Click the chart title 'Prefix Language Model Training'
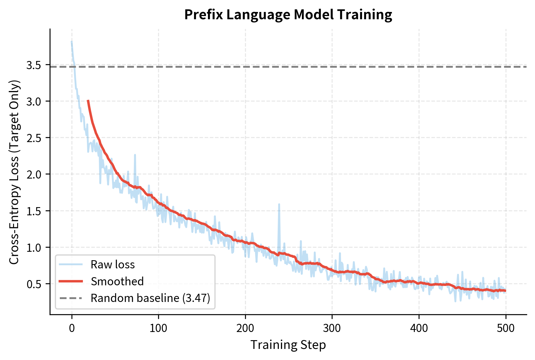pos(288,15)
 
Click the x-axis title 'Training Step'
pos(288,345)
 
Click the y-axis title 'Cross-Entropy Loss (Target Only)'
pos(14,172)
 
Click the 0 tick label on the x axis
pos(72,328)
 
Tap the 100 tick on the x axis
pos(158,328)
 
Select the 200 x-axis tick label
pos(245,328)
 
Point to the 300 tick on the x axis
pos(332,328)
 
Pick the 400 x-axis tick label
pos(419,328)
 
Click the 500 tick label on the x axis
pos(506,328)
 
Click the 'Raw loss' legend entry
pos(112,265)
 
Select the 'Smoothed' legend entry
pos(117,281)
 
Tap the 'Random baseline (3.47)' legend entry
pos(150,298)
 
